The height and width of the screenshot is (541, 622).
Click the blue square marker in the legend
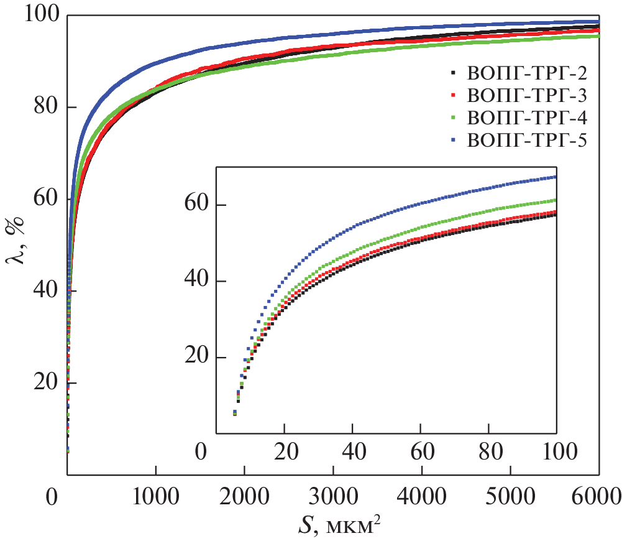click(453, 140)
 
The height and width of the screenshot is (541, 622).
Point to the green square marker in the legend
click(453, 118)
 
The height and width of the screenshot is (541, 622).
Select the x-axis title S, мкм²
click(333, 524)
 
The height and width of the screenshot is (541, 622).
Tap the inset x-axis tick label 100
click(556, 451)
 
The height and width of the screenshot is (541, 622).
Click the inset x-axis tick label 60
click(421, 451)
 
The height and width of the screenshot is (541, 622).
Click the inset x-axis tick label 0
click(201, 451)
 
